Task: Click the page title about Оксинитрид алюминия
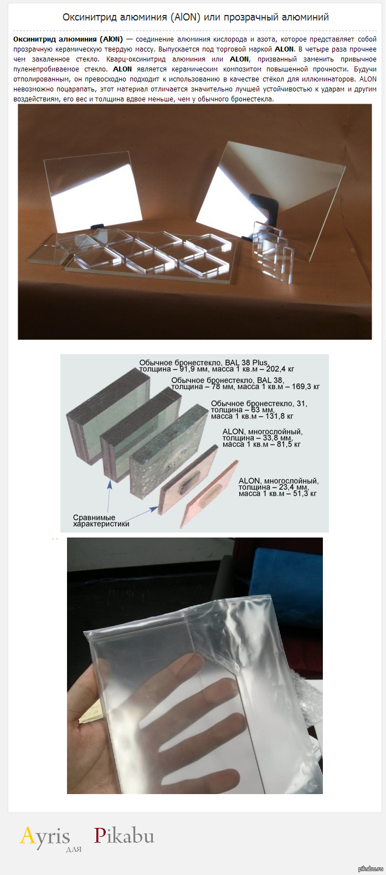coord(195,17)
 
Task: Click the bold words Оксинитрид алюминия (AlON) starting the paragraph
coord(68,39)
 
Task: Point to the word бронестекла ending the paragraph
coord(253,99)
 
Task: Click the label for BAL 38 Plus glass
coord(217,366)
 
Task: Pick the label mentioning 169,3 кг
coord(245,383)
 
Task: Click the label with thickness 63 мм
coord(259,410)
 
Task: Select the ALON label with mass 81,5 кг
coord(263,438)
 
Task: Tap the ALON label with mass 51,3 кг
coord(278,487)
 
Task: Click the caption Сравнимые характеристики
coord(101,521)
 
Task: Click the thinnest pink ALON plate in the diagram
coord(209,494)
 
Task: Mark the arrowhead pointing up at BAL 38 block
coord(110,484)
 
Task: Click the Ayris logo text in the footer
coord(45,836)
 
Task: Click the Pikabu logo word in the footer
coord(123,836)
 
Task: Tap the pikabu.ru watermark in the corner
coord(370,868)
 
